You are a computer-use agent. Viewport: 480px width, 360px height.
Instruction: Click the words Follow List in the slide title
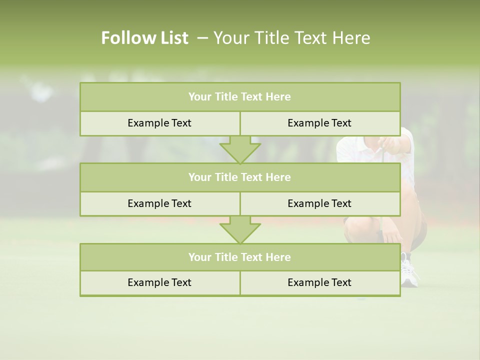144,38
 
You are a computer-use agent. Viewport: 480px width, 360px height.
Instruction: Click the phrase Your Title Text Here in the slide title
291,38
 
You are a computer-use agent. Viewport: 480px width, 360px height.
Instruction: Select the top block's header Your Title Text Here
239,97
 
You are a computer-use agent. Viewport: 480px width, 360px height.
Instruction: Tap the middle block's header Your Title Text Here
239,177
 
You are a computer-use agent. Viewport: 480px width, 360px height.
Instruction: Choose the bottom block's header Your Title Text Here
239,257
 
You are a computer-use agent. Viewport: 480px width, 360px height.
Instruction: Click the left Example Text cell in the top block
159,123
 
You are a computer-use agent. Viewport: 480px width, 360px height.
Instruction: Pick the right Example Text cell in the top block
319,123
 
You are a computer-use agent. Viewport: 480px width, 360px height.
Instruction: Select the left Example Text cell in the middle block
159,203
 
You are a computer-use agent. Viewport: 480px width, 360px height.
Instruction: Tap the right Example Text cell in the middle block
319,203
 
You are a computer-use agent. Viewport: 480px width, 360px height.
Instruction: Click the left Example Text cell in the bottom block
159,282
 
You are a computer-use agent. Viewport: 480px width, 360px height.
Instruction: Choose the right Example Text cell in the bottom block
319,282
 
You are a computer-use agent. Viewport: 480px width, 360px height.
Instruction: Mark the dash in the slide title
202,38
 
